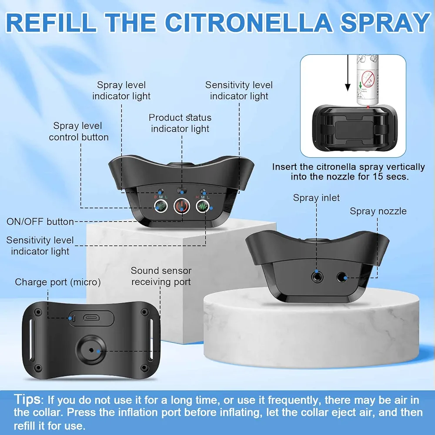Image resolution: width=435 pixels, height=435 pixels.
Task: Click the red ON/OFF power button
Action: (182, 206)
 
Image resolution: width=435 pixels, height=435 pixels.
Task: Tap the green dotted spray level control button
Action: (161, 206)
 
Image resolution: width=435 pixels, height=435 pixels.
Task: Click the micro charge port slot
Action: (91, 318)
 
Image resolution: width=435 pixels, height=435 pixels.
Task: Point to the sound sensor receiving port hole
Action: (91, 350)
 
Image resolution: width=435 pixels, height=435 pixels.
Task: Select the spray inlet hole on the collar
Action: (317, 277)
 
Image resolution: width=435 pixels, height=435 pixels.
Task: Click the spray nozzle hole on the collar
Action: (342, 277)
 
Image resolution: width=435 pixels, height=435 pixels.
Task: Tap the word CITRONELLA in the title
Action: (248, 22)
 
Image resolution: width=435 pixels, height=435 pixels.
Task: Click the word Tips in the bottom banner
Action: (27, 399)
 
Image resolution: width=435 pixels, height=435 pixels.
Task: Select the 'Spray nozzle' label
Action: (378, 211)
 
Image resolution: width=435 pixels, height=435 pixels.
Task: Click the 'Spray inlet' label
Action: (316, 198)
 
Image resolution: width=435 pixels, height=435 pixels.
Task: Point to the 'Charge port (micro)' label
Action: (58, 282)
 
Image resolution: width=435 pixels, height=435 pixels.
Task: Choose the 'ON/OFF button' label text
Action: (40, 222)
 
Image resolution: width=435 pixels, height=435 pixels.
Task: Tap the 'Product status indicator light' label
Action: (180, 123)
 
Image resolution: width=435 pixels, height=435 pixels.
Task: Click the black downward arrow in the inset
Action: (348, 73)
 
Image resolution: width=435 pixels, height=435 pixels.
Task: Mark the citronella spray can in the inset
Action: (367, 80)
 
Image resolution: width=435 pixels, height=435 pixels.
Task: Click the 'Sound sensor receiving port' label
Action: (161, 276)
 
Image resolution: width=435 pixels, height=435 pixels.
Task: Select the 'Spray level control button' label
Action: (78, 131)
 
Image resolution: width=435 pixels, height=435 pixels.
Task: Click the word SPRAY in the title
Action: (385, 22)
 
